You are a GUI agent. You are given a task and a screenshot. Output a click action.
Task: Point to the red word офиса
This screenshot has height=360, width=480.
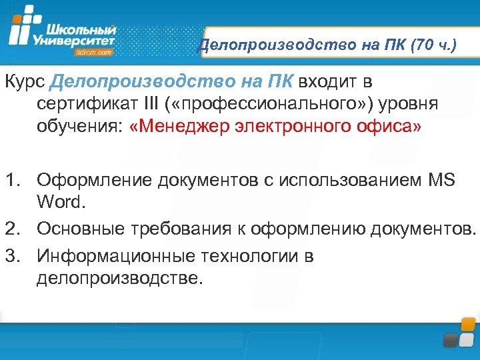[395, 127]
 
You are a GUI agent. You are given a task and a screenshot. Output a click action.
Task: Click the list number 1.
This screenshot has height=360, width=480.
[14, 179]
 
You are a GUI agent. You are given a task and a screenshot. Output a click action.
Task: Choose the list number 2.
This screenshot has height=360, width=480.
[14, 229]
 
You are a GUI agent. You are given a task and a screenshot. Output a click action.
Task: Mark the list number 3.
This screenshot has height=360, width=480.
[14, 255]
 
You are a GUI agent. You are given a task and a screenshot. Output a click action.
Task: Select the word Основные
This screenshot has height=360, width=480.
[81, 229]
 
